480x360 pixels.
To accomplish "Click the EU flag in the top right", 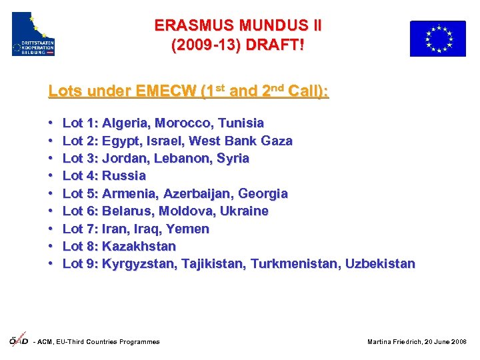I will tap(437, 39).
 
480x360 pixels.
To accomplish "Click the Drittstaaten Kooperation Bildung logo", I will tap(33, 34).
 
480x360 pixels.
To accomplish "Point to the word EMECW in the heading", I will tap(165, 92).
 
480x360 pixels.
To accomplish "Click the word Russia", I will tap(124, 176).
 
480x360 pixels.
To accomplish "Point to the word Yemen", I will tap(190, 229).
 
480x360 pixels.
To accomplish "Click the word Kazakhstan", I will tap(139, 247).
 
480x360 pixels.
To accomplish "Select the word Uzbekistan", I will tap(379, 264).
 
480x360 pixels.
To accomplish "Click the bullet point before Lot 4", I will tap(51, 177).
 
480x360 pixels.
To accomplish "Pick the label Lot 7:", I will tap(80, 229).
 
